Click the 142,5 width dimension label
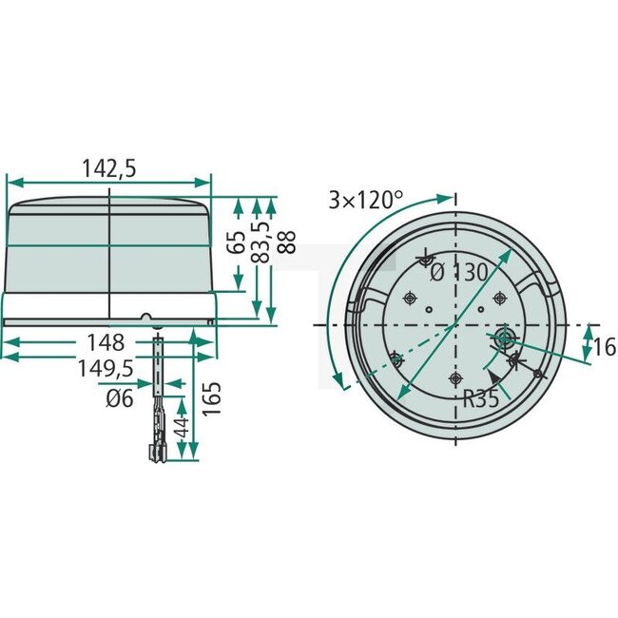[109, 168]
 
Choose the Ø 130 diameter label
[459, 272]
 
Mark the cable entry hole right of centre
[502, 337]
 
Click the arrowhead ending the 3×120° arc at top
[446, 197]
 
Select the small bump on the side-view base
[146, 318]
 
